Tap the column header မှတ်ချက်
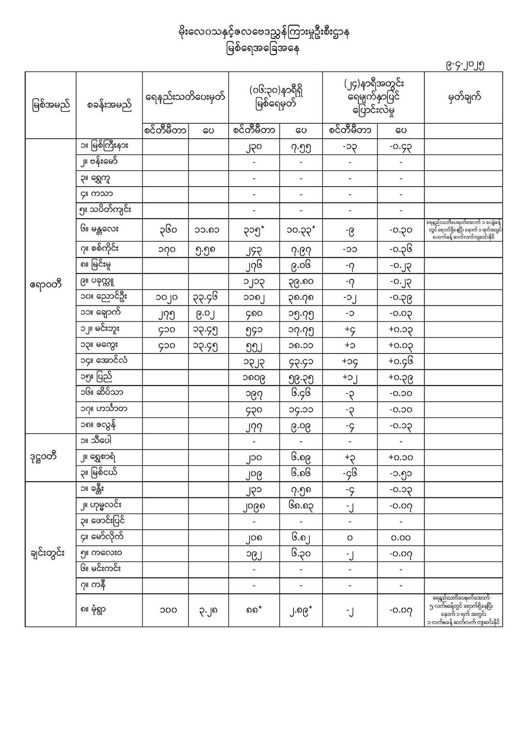click(x=464, y=97)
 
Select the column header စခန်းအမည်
click(x=109, y=105)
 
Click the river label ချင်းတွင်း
click(x=47, y=553)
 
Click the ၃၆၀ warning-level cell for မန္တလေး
click(x=166, y=230)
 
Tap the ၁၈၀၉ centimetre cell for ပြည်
click(x=254, y=378)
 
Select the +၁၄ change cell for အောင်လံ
click(x=350, y=362)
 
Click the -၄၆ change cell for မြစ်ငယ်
click(x=350, y=474)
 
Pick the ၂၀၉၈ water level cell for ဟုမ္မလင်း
click(x=254, y=506)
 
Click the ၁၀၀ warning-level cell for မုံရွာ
click(x=166, y=610)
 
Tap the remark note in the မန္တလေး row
click(x=463, y=230)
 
